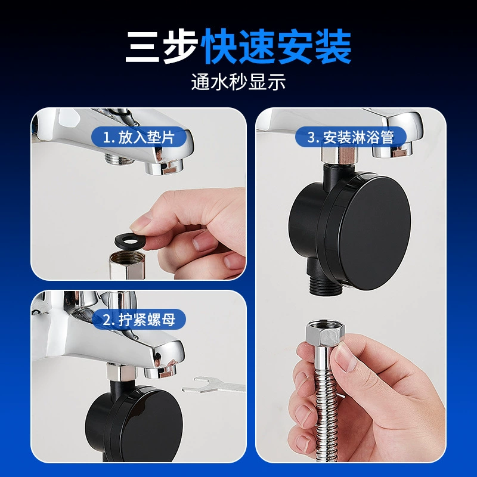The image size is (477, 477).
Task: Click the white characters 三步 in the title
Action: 161,47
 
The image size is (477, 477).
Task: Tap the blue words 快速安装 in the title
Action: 276,47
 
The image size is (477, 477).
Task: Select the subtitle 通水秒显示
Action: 238,82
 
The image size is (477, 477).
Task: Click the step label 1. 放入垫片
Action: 139,137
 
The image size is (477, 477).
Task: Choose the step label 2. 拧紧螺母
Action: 139,320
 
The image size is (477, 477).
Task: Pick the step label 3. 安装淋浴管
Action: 351,137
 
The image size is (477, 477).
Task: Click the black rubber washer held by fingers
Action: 131,241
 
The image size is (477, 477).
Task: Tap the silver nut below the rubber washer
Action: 126,265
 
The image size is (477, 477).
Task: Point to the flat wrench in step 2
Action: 213,385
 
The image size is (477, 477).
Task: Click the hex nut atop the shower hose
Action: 325,333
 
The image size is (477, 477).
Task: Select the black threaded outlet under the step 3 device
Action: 323,286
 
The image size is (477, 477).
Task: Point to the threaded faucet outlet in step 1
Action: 119,159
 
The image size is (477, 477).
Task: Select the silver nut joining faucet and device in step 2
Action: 121,371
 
